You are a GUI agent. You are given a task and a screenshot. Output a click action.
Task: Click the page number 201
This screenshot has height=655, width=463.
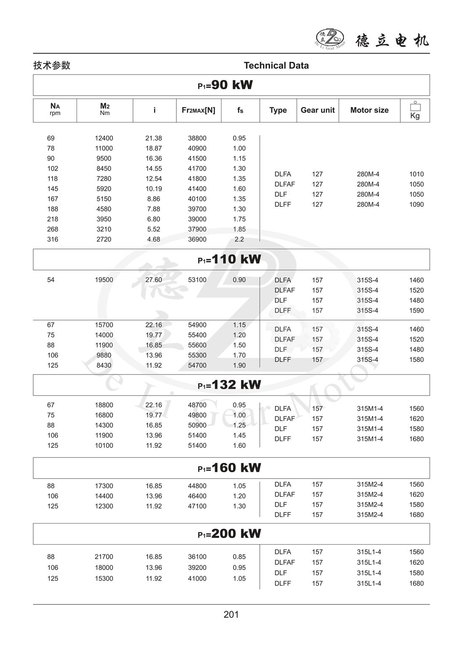pyautogui.click(x=231, y=615)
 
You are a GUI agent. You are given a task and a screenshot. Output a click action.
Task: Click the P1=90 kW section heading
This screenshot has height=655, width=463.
pyautogui.click(x=226, y=85)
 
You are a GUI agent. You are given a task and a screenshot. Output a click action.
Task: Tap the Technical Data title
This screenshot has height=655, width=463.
pyautogui.click(x=276, y=65)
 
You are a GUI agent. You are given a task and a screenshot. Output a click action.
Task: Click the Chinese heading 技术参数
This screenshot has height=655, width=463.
pyautogui.click(x=52, y=65)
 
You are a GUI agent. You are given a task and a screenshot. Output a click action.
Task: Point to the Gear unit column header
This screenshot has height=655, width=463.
pyautogui.click(x=317, y=110)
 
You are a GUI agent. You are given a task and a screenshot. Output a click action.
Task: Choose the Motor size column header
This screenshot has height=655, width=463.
pyautogui.click(x=369, y=110)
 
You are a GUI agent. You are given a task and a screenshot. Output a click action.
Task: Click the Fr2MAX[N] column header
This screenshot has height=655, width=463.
pyautogui.click(x=198, y=110)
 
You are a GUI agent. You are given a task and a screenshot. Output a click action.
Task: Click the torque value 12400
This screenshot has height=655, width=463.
pyautogui.click(x=104, y=138)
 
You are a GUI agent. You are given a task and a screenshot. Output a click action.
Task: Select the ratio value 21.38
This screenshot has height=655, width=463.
pyautogui.click(x=154, y=138)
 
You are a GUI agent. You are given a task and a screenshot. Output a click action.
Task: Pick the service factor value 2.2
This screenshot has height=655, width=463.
pyautogui.click(x=239, y=239)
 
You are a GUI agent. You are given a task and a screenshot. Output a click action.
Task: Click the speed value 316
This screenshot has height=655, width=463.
pyautogui.click(x=53, y=239)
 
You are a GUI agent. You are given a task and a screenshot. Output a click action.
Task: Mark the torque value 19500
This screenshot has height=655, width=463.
pyautogui.click(x=104, y=280)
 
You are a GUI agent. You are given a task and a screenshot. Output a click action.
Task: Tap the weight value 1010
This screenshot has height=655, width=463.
pyautogui.click(x=416, y=174)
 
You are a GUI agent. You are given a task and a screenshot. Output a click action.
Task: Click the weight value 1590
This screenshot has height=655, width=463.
pyautogui.click(x=416, y=310)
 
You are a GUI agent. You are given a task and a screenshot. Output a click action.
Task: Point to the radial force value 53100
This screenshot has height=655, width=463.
pyautogui.click(x=197, y=280)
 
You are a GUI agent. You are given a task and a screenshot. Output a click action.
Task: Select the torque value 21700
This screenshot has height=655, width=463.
pyautogui.click(x=104, y=557)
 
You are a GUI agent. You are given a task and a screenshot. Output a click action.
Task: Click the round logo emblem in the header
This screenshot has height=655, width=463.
pyautogui.click(x=330, y=38)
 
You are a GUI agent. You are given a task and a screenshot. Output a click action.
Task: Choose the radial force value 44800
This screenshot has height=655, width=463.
pyautogui.click(x=197, y=486)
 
